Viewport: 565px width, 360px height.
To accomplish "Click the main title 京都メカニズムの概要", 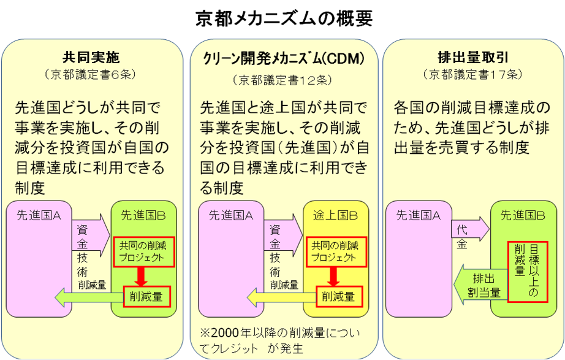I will [282, 18].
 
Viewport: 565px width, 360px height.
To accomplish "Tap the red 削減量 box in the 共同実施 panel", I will [146, 297].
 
